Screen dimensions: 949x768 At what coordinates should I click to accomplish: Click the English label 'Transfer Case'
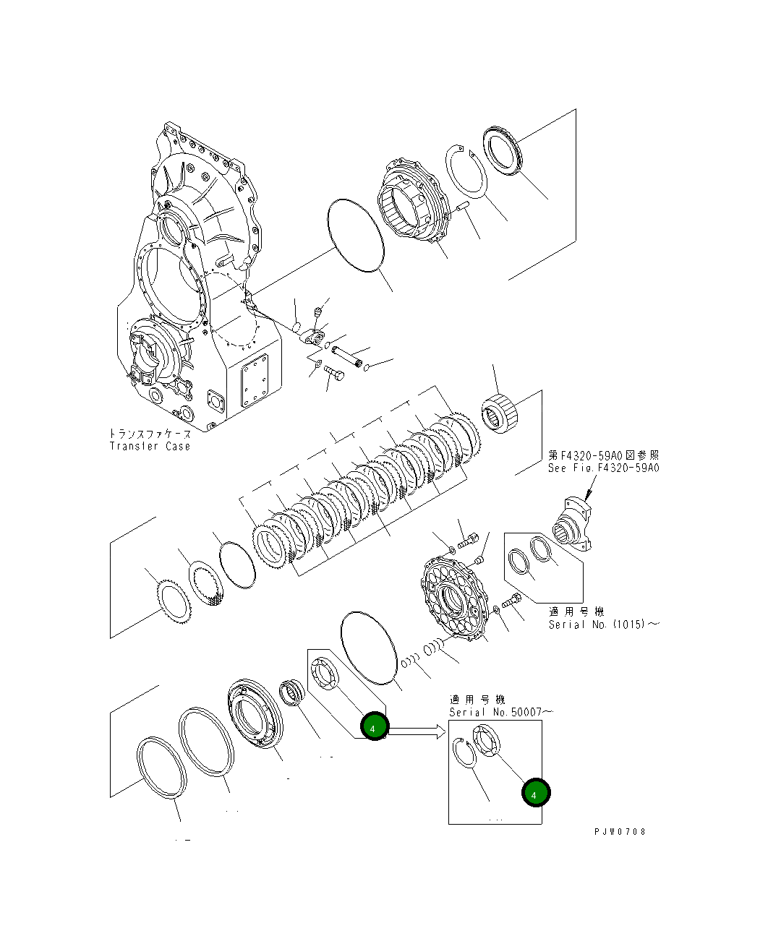point(150,446)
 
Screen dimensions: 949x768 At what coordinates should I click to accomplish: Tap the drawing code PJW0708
point(620,831)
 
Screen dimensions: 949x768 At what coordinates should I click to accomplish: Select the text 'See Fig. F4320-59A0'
point(603,468)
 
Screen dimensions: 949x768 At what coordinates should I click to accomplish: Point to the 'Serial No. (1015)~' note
point(603,624)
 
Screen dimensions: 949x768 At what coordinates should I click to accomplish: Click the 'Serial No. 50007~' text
point(500,712)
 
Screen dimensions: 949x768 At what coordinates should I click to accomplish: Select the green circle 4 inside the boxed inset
point(535,794)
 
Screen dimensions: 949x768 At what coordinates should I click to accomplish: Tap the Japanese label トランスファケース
point(150,434)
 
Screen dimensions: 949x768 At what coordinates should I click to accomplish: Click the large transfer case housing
point(195,289)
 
